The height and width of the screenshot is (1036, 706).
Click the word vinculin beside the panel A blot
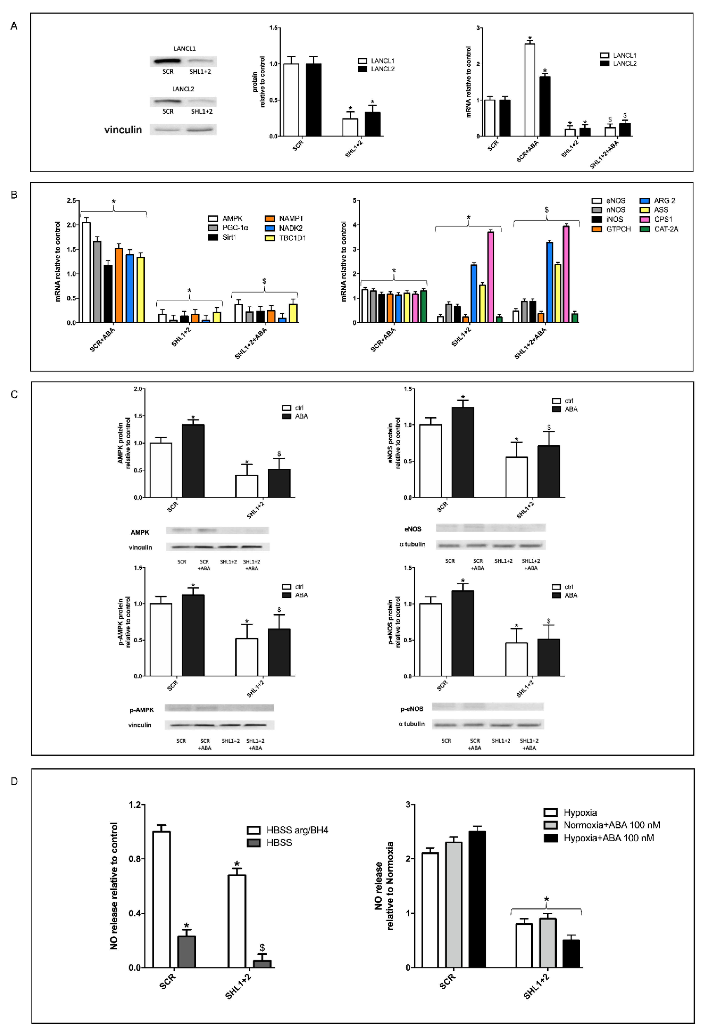click(123, 130)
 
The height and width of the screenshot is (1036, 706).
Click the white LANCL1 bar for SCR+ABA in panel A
click(530, 89)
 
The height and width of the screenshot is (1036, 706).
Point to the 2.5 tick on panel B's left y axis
click(71, 201)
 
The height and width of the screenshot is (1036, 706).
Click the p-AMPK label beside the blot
click(142, 710)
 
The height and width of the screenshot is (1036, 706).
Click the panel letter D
click(14, 781)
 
